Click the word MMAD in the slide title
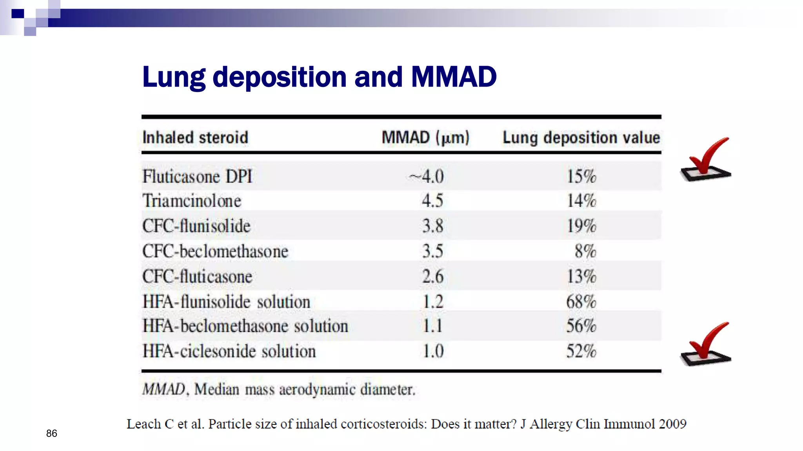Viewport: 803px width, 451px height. coord(454,77)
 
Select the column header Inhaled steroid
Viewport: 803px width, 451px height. coord(195,138)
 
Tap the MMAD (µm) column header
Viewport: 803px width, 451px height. coord(425,138)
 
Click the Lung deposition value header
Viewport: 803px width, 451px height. coord(581,138)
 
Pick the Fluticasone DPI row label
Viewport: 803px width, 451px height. coord(197,177)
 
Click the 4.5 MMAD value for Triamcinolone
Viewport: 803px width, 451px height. coord(432,201)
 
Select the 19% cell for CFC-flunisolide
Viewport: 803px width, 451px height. coord(581,226)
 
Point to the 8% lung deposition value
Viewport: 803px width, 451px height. coord(585,251)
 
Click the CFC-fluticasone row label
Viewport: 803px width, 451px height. coord(197,277)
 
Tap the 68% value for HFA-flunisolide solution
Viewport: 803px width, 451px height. coord(581,302)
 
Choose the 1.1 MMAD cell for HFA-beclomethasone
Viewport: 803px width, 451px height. coord(432,326)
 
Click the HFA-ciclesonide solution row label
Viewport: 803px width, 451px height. coord(229,351)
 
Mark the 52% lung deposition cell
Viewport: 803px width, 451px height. coord(581,351)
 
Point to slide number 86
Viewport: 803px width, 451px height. coord(51,433)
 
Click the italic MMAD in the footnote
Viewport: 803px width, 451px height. coord(163,390)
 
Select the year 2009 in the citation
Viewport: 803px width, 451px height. coord(672,424)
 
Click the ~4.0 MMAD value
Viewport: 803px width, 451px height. coord(427,177)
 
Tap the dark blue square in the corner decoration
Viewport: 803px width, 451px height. coord(18,14)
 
